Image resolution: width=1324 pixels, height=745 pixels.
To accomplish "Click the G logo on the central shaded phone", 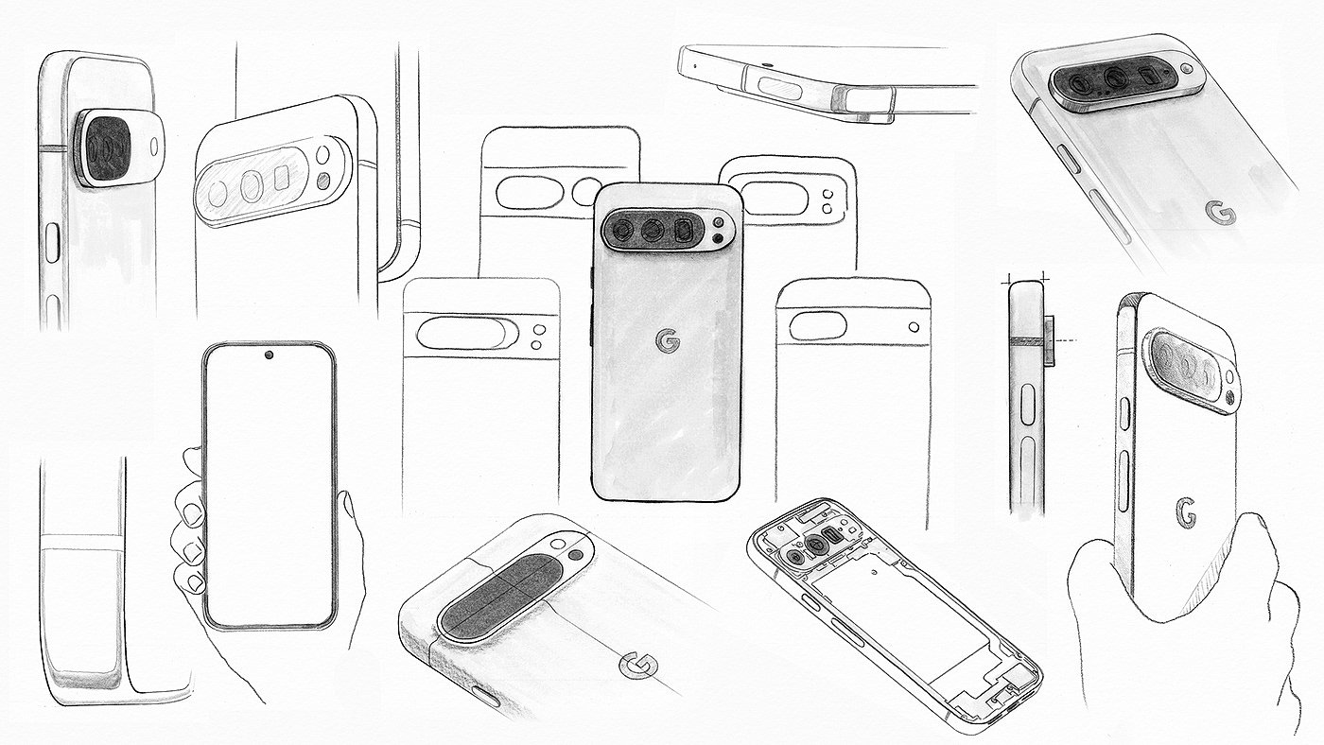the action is click(668, 341).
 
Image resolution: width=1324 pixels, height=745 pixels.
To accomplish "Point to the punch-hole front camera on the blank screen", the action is click(269, 355).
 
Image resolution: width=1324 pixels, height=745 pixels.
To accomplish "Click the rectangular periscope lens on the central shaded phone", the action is click(684, 231).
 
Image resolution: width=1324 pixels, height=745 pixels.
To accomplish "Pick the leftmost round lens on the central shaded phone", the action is click(622, 230).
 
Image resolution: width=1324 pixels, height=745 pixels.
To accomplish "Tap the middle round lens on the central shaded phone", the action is click(653, 230).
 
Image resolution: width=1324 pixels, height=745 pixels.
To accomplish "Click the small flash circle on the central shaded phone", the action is click(719, 223).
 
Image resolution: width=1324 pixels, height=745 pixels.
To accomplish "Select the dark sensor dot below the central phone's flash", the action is click(719, 238).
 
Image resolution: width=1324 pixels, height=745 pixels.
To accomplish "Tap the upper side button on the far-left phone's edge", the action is click(52, 242).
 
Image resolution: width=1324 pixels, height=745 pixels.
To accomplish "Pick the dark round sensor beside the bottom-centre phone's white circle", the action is click(575, 555).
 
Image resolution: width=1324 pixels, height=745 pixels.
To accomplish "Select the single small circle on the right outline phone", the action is click(914, 327).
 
